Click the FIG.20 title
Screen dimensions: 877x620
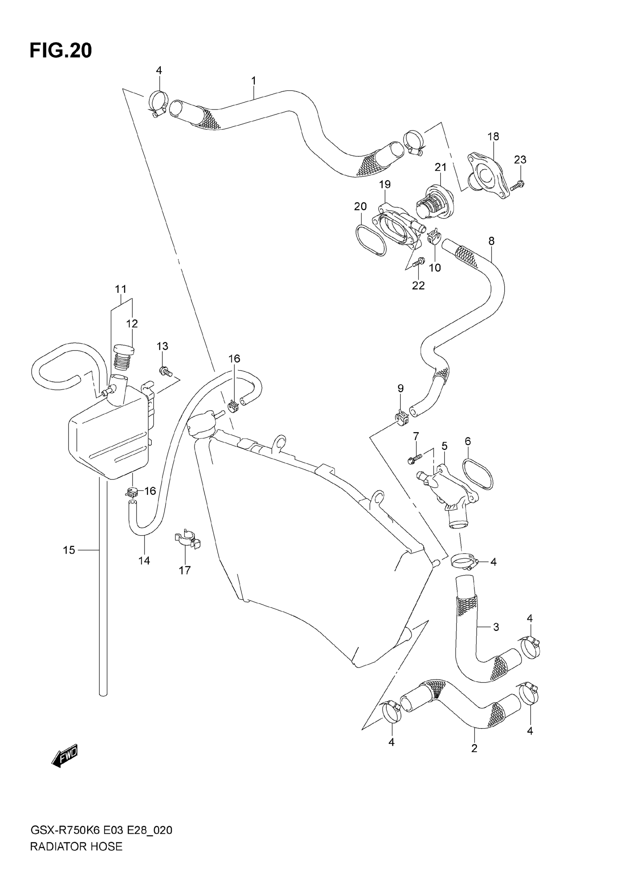click(x=61, y=51)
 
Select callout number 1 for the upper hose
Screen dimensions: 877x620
click(x=253, y=81)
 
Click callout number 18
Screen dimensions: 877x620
click(x=493, y=136)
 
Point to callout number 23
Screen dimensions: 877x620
click(x=520, y=159)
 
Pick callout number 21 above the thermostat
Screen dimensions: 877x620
click(x=441, y=167)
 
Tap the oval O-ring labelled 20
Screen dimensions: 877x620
click(x=371, y=240)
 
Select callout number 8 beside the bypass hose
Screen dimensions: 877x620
click(x=491, y=241)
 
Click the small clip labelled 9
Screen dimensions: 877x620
click(x=402, y=418)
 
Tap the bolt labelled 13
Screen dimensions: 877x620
click(x=166, y=370)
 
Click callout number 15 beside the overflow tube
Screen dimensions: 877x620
click(x=69, y=550)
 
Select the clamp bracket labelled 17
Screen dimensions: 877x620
click(x=187, y=539)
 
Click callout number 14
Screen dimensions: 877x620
click(x=144, y=560)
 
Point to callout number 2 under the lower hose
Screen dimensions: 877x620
click(x=474, y=748)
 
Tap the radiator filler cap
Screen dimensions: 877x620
click(x=201, y=423)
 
